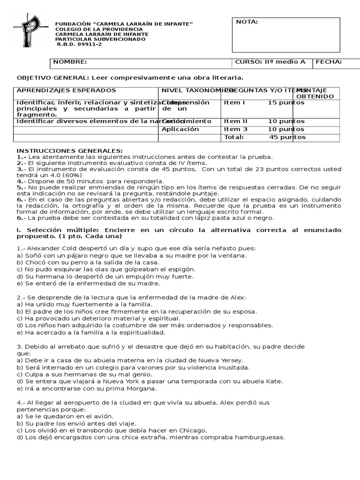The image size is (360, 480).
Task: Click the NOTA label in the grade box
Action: [x=247, y=22]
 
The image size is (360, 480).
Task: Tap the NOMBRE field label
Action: [x=70, y=62]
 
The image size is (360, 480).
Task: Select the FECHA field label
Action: [x=329, y=62]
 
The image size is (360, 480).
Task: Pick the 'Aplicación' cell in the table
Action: [x=180, y=129]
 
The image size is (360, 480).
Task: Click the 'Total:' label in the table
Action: [x=234, y=137]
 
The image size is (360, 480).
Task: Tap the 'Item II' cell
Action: [x=236, y=121]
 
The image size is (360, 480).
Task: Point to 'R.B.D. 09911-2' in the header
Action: [x=79, y=45]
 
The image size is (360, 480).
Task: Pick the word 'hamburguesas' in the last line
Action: [x=262, y=437]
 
